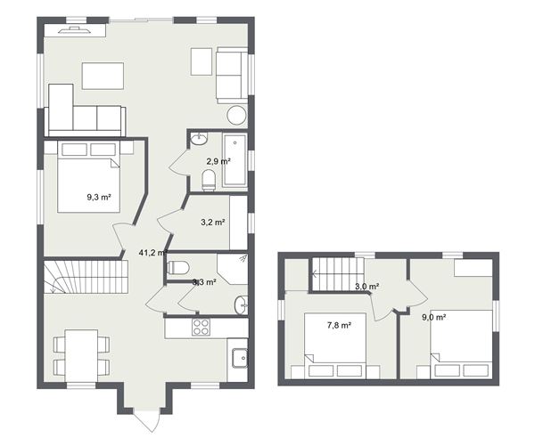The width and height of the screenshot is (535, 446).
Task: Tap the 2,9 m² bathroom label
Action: pyautogui.click(x=218, y=161)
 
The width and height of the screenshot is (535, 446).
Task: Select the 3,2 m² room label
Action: pyautogui.click(x=212, y=223)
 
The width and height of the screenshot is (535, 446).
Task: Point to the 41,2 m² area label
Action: pyautogui.click(x=152, y=253)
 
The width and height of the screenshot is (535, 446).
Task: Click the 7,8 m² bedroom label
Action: pyautogui.click(x=338, y=326)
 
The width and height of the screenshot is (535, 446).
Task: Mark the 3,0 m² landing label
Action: pyautogui.click(x=366, y=287)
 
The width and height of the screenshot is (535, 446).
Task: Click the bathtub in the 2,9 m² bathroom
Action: pyautogui.click(x=235, y=160)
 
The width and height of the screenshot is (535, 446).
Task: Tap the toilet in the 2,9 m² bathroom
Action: pyautogui.click(x=209, y=182)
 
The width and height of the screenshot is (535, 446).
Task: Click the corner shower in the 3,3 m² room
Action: pyautogui.click(x=233, y=268)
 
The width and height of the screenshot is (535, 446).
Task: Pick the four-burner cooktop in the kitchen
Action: pyautogui.click(x=202, y=327)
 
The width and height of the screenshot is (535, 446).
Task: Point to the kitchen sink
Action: pyautogui.click(x=238, y=360)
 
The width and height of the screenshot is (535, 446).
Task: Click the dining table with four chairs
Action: pyautogui.click(x=81, y=353)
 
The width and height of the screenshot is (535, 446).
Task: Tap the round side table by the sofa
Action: pyautogui.click(x=236, y=115)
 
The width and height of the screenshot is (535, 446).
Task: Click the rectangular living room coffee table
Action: pyautogui.click(x=103, y=76)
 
